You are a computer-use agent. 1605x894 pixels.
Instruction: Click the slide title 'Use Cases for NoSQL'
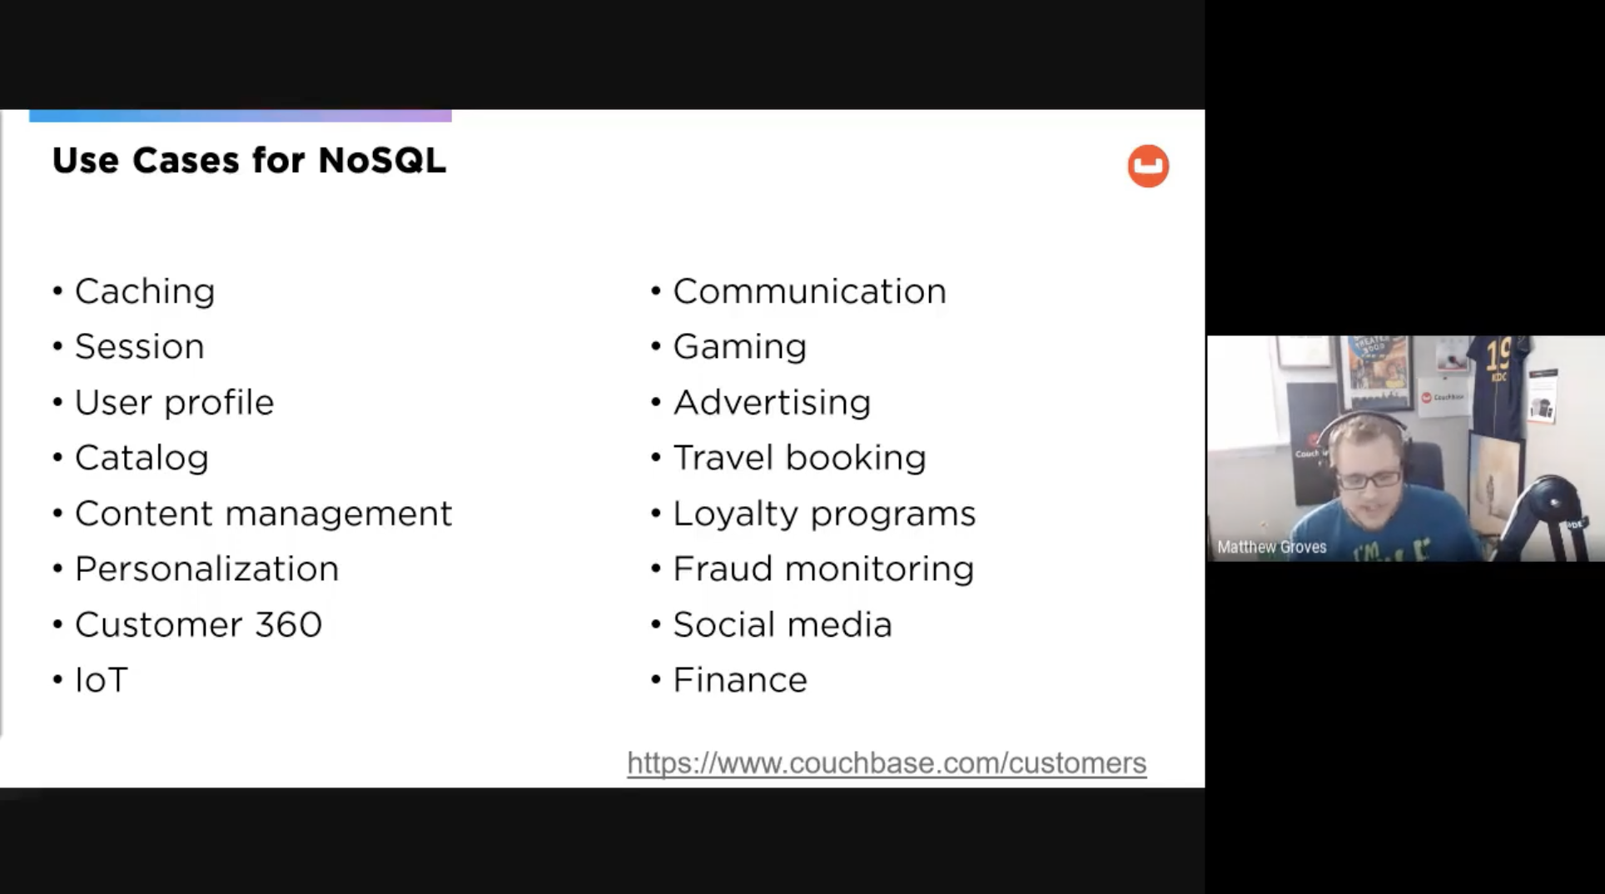point(249,160)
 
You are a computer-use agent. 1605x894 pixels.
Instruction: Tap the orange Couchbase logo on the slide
point(1148,166)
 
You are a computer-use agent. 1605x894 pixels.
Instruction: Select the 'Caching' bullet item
point(145,292)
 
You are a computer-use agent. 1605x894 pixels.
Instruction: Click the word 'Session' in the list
point(139,346)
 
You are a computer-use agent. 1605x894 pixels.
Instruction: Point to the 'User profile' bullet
point(174,403)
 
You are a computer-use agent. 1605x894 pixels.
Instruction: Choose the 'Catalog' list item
point(142,459)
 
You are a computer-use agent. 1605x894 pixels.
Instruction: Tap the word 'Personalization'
point(206,569)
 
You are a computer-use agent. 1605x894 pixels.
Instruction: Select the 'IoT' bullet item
point(101,680)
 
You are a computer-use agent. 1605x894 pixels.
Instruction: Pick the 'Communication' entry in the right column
point(809,291)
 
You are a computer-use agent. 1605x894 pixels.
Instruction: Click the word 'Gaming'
point(739,347)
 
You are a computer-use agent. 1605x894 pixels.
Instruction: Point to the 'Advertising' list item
point(772,403)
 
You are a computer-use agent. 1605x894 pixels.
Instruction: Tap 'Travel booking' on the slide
point(799,459)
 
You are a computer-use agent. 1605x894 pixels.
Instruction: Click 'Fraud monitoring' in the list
point(823,569)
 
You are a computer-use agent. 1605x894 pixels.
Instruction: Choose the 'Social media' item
point(783,624)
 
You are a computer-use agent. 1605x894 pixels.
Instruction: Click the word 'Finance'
point(740,680)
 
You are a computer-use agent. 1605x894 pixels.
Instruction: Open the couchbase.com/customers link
point(887,763)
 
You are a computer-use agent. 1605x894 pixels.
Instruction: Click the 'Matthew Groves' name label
point(1271,547)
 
